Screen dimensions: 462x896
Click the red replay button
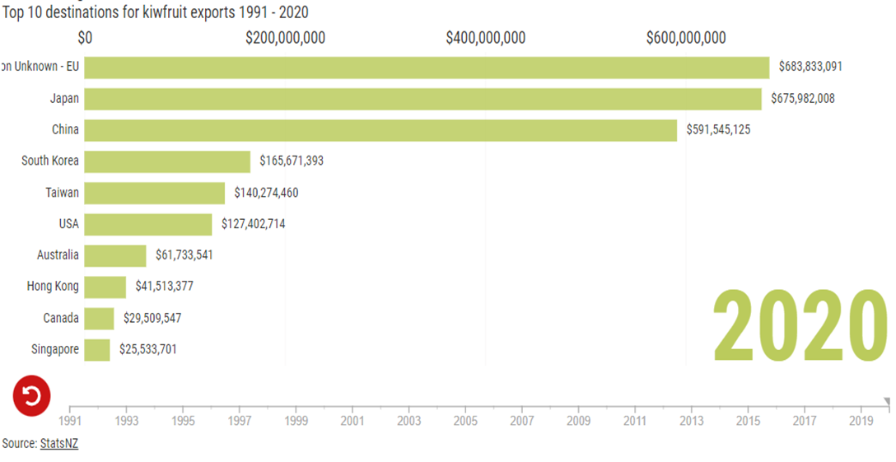(31, 396)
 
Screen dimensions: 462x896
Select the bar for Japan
(422, 99)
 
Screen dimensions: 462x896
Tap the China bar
(380, 130)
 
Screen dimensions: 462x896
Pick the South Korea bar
(167, 161)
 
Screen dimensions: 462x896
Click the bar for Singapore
(97, 350)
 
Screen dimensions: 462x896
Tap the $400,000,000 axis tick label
(486, 38)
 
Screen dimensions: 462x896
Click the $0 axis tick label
(85, 38)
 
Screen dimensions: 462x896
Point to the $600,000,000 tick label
(686, 38)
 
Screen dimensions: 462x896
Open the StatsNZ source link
(59, 444)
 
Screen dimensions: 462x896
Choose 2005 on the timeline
(465, 421)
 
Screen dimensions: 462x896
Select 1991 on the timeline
(70, 421)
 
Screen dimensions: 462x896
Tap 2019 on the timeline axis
(861, 421)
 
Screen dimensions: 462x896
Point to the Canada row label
(61, 318)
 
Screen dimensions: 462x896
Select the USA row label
(68, 224)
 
